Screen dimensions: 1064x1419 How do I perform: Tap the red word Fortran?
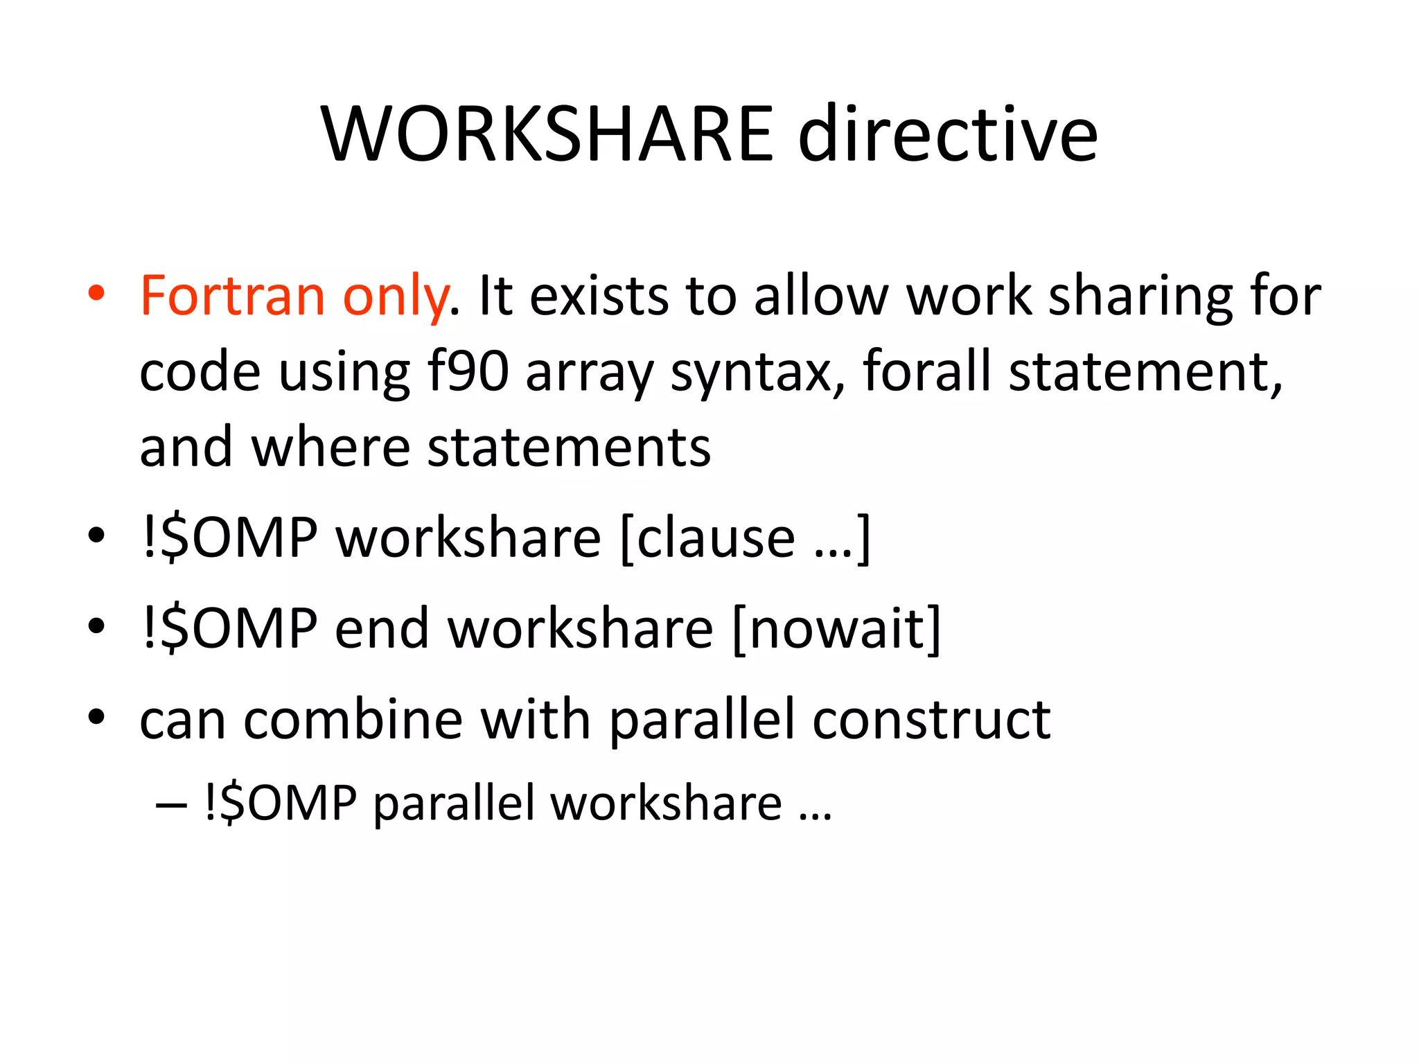pyautogui.click(x=233, y=296)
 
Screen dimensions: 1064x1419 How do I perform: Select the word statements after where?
pyautogui.click(x=569, y=447)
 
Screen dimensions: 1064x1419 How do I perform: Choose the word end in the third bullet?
pyautogui.click(x=382, y=628)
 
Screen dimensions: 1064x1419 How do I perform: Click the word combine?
pyautogui.click(x=353, y=720)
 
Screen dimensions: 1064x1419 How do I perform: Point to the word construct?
pyautogui.click(x=931, y=720)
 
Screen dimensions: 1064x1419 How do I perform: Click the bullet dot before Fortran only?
pyautogui.click(x=96, y=292)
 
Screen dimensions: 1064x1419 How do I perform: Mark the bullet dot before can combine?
pyautogui.click(x=96, y=716)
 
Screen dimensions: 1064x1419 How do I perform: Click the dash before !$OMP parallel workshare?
pyautogui.click(x=171, y=805)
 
